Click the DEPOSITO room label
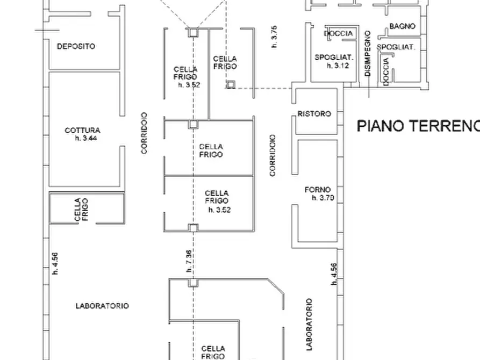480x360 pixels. click(76, 47)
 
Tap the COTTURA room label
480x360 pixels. click(82, 130)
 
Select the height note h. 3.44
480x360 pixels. click(85, 139)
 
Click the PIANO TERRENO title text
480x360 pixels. click(418, 126)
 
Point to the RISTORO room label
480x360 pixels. click(314, 114)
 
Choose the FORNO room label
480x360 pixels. click(318, 190)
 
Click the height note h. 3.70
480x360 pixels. click(323, 198)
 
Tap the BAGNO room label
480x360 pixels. click(402, 26)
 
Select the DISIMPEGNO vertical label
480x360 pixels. click(368, 53)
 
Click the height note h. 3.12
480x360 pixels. click(338, 66)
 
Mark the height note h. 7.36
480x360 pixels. click(189, 262)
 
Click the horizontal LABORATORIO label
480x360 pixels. click(102, 306)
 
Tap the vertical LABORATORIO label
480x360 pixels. click(309, 324)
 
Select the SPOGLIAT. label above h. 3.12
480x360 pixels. click(333, 57)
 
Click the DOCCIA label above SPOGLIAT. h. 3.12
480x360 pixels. click(339, 33)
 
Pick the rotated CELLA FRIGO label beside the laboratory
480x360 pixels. click(82, 210)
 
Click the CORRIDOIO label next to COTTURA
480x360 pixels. click(144, 133)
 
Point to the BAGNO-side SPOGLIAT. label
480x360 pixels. click(397, 47)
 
